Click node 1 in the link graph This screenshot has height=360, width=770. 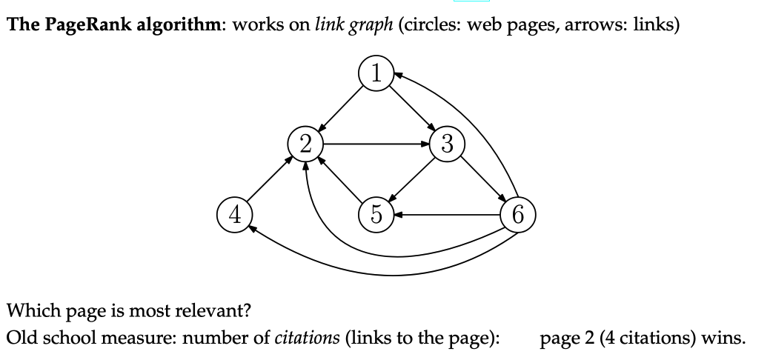tap(376, 73)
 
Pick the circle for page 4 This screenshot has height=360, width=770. tap(234, 215)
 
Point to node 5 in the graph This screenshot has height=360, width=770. tap(376, 215)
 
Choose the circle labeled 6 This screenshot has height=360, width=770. tap(517, 215)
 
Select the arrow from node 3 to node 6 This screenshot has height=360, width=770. tap(482, 179)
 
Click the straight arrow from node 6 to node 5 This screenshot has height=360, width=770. tap(447, 216)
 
